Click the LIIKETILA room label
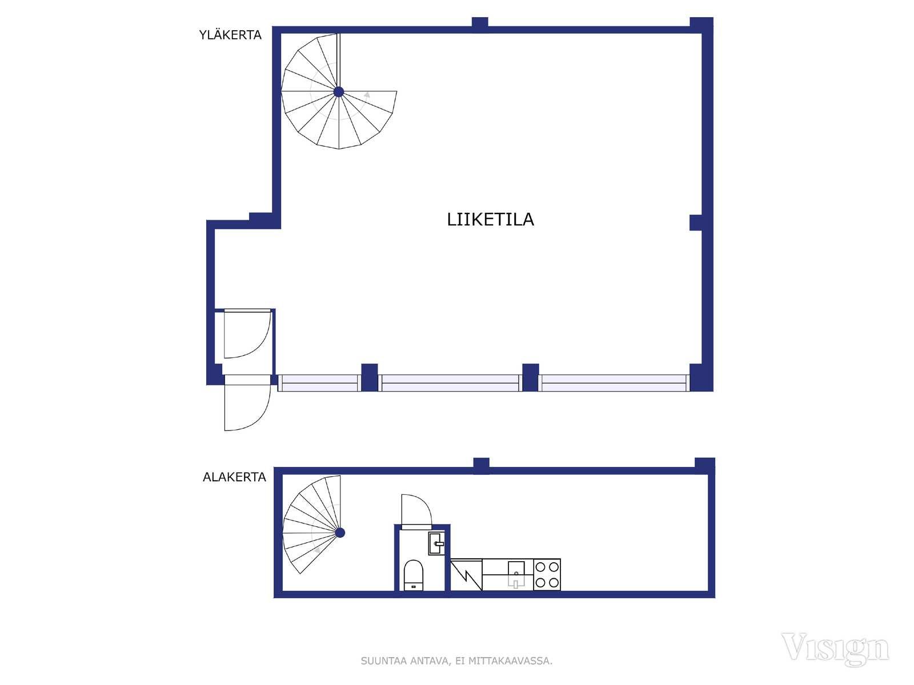(490, 220)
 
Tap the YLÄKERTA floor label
(230, 35)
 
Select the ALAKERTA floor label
(234, 477)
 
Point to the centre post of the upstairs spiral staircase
(339, 91)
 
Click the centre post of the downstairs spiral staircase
(340, 533)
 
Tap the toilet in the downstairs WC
(414, 575)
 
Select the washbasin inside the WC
(436, 543)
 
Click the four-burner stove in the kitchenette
(547, 574)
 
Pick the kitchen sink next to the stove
(516, 574)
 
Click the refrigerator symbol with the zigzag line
(466, 574)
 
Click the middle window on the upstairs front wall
(450, 383)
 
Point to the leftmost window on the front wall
(319, 383)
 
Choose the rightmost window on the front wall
(614, 383)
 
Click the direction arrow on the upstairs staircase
(366, 95)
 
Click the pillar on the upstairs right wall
(696, 223)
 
